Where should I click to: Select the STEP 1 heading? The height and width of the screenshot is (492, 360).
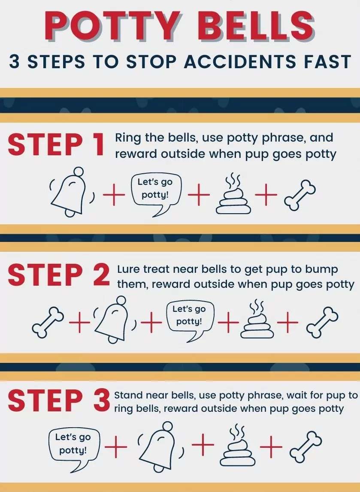click(56, 145)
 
